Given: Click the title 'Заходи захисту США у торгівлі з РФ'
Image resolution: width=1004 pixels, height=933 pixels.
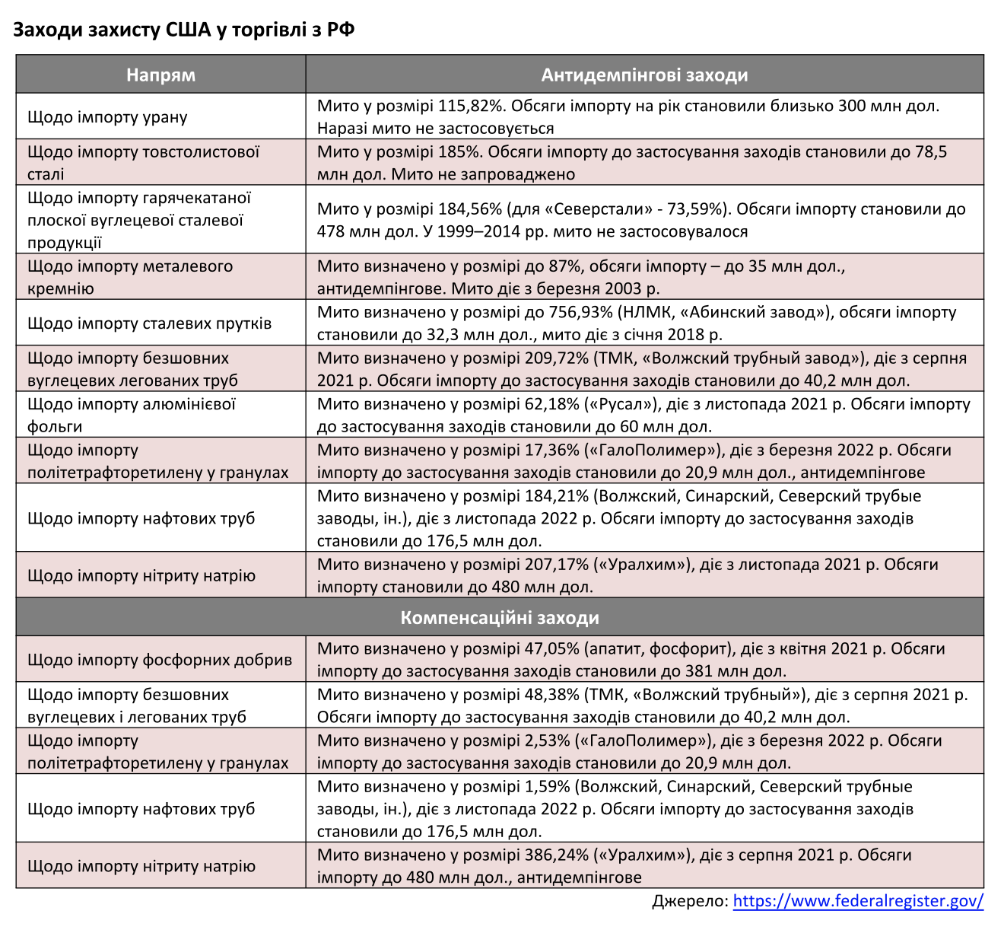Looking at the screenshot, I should click(183, 30).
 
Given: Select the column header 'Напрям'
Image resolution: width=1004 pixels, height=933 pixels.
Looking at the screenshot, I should click(160, 75).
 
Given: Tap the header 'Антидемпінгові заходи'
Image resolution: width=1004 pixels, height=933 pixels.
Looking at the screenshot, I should click(644, 75).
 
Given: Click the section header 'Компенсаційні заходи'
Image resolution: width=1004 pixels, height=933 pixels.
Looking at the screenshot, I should click(500, 617).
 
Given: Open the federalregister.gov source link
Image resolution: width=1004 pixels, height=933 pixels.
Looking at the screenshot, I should click(858, 901).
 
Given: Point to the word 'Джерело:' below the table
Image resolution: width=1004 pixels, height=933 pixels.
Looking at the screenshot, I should click(690, 901).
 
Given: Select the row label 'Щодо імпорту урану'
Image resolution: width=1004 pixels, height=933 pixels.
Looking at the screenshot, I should click(107, 116).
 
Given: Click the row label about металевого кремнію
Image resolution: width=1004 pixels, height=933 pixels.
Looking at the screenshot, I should click(130, 277).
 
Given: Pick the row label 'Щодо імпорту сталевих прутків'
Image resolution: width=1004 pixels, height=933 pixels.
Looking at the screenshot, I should click(149, 323).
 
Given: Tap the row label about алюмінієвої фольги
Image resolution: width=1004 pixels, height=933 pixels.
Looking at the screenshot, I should click(132, 415).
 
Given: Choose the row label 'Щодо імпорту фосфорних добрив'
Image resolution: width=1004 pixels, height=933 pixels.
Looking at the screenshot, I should click(160, 659).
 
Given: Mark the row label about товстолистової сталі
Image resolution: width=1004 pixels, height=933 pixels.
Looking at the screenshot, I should click(143, 163).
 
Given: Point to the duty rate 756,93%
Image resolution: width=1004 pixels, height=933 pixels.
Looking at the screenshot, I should click(580, 312).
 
